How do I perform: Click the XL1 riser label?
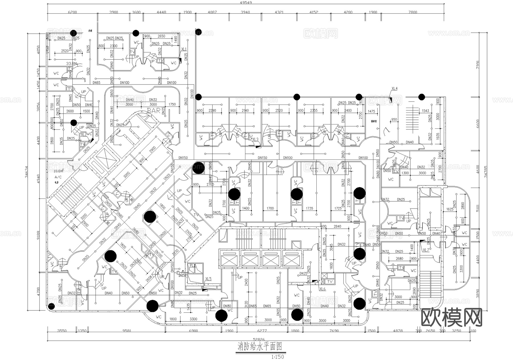[184, 49]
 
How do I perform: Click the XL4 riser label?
[394, 89]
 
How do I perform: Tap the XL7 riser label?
[426, 250]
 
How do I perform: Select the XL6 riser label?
[322, 289]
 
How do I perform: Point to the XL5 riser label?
[208, 279]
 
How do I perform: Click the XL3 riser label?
[255, 139]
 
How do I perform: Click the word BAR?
[154, 111]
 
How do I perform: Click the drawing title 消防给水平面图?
[260, 347]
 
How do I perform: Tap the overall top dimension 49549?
[246, 3]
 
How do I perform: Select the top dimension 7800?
[412, 12]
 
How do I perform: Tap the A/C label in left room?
[58, 177]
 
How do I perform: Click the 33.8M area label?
[72, 64]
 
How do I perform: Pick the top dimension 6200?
[72, 12]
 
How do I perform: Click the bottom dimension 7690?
[334, 331]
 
